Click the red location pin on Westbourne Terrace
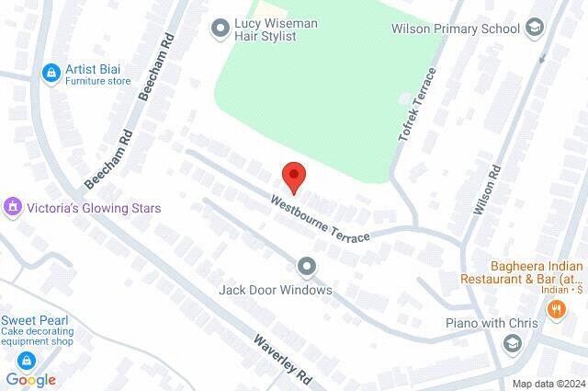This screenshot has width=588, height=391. (293, 175)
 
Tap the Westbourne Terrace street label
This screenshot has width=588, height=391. (320, 218)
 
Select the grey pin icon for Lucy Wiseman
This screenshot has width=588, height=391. (220, 29)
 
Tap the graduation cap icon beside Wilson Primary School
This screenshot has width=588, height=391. (534, 29)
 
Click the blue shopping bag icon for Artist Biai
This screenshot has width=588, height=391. (50, 71)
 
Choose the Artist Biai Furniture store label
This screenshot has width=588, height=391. (97, 74)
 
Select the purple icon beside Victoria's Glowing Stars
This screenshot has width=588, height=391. (13, 208)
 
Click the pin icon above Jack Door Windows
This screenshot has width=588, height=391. (307, 267)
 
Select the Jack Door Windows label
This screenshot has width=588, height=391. (275, 290)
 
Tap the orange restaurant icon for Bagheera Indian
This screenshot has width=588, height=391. (555, 310)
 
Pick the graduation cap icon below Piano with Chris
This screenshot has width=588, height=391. (512, 344)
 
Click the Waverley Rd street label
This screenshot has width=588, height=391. (284, 360)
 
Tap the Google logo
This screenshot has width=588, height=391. (30, 380)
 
